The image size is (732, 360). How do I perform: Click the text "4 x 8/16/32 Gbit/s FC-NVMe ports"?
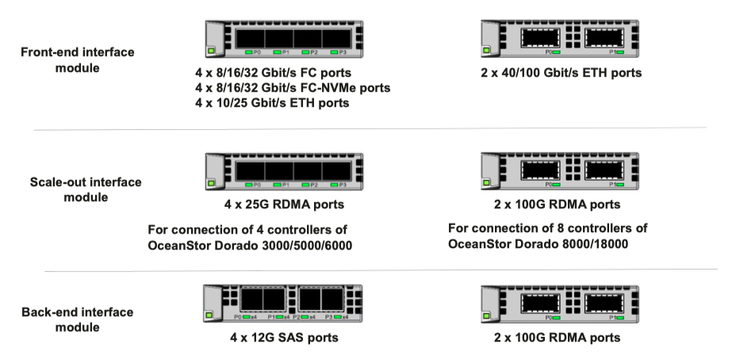(292, 88)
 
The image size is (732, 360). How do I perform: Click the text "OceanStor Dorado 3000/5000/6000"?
(250, 244)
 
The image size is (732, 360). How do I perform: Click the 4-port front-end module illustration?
(284, 38)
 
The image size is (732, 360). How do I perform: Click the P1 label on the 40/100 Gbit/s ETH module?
(611, 52)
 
